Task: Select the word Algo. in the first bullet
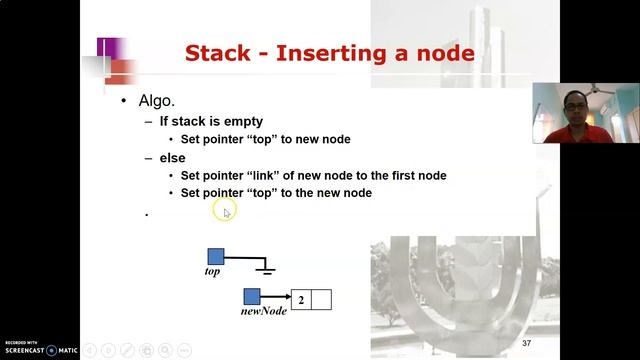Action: point(158,102)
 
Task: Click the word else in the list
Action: point(172,158)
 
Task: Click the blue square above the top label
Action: point(216,256)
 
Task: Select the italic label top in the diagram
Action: point(212,271)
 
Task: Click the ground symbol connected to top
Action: point(265,268)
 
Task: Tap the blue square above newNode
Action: point(252,297)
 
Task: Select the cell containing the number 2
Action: point(300,299)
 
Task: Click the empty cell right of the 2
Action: point(321,299)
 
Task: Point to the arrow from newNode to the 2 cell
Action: point(276,298)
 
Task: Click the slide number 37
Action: point(526,343)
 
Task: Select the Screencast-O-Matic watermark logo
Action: point(40,348)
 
